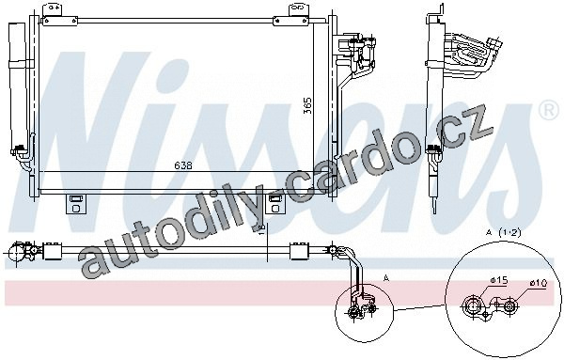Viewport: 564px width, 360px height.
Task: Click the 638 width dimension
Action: [183, 165]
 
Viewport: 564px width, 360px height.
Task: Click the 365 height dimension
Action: [307, 105]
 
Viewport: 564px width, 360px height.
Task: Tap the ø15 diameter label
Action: [498, 280]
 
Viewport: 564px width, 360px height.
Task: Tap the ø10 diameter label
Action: [538, 283]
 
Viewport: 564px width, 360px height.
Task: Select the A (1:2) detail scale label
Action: [504, 233]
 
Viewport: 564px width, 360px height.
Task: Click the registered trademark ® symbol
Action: [548, 112]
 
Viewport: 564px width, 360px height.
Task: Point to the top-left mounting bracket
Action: [60, 15]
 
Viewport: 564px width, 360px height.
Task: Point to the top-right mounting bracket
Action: [292, 15]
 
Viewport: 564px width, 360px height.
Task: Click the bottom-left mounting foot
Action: [76, 204]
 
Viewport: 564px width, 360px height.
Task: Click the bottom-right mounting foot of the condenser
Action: [274, 204]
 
